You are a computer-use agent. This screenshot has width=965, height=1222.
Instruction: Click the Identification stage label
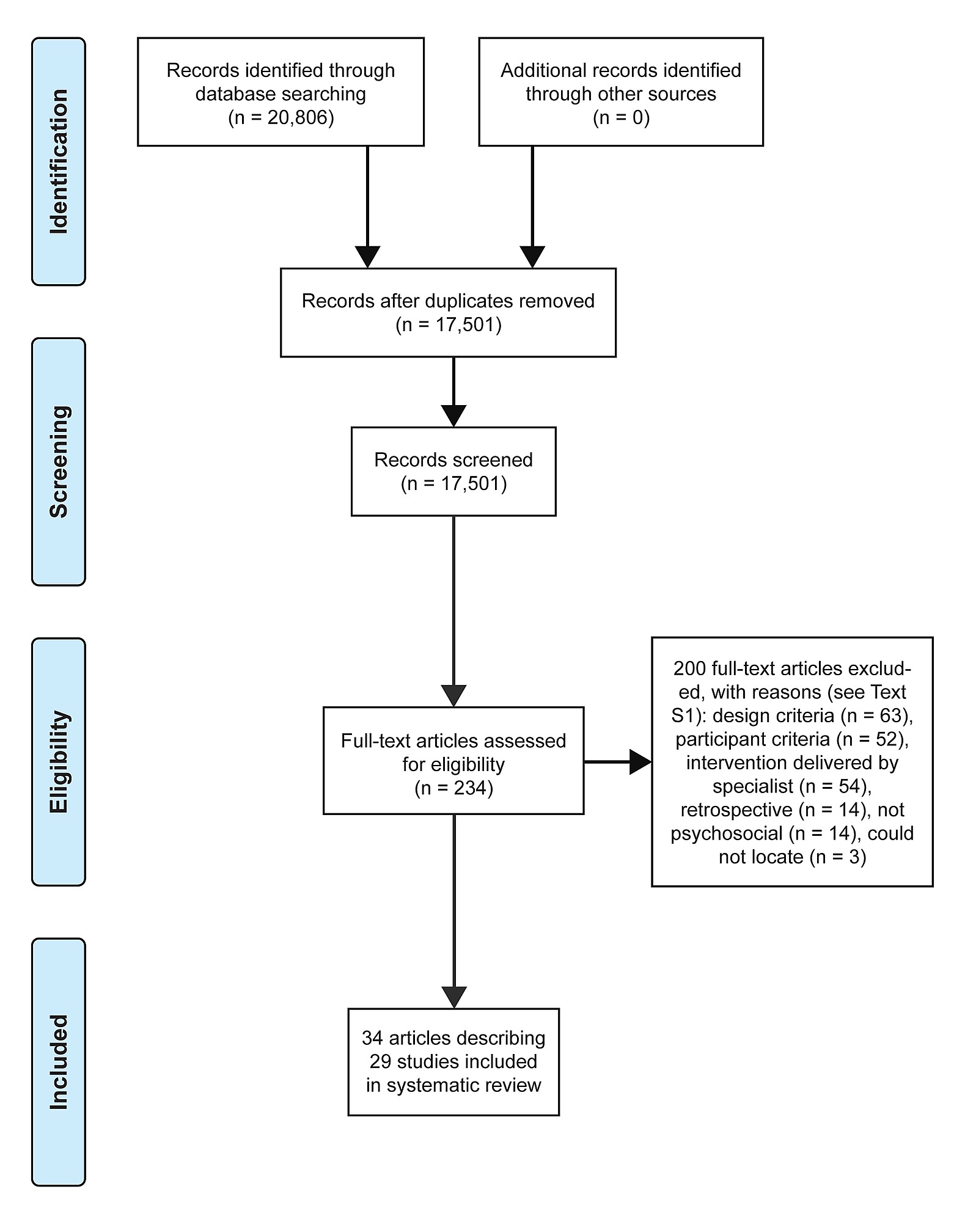(x=59, y=161)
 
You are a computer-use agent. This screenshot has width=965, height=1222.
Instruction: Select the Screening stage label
(x=59, y=461)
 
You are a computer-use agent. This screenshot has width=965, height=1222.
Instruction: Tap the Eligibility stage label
(x=59, y=761)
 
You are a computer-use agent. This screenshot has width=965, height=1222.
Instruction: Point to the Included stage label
(x=59, y=1062)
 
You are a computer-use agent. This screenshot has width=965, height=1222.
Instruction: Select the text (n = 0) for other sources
(x=621, y=117)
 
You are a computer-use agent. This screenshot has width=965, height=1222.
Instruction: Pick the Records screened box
(x=453, y=471)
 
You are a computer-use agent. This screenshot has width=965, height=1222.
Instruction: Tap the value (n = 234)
(x=453, y=788)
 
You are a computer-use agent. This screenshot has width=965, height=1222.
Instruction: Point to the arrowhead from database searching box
(x=367, y=257)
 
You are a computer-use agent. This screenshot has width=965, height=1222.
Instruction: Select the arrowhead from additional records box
(x=532, y=257)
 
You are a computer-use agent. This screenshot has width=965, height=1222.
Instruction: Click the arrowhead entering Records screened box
(x=453, y=415)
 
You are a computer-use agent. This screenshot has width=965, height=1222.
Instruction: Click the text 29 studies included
(x=453, y=1061)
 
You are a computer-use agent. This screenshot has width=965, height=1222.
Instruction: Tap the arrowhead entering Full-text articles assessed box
(x=453, y=695)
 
